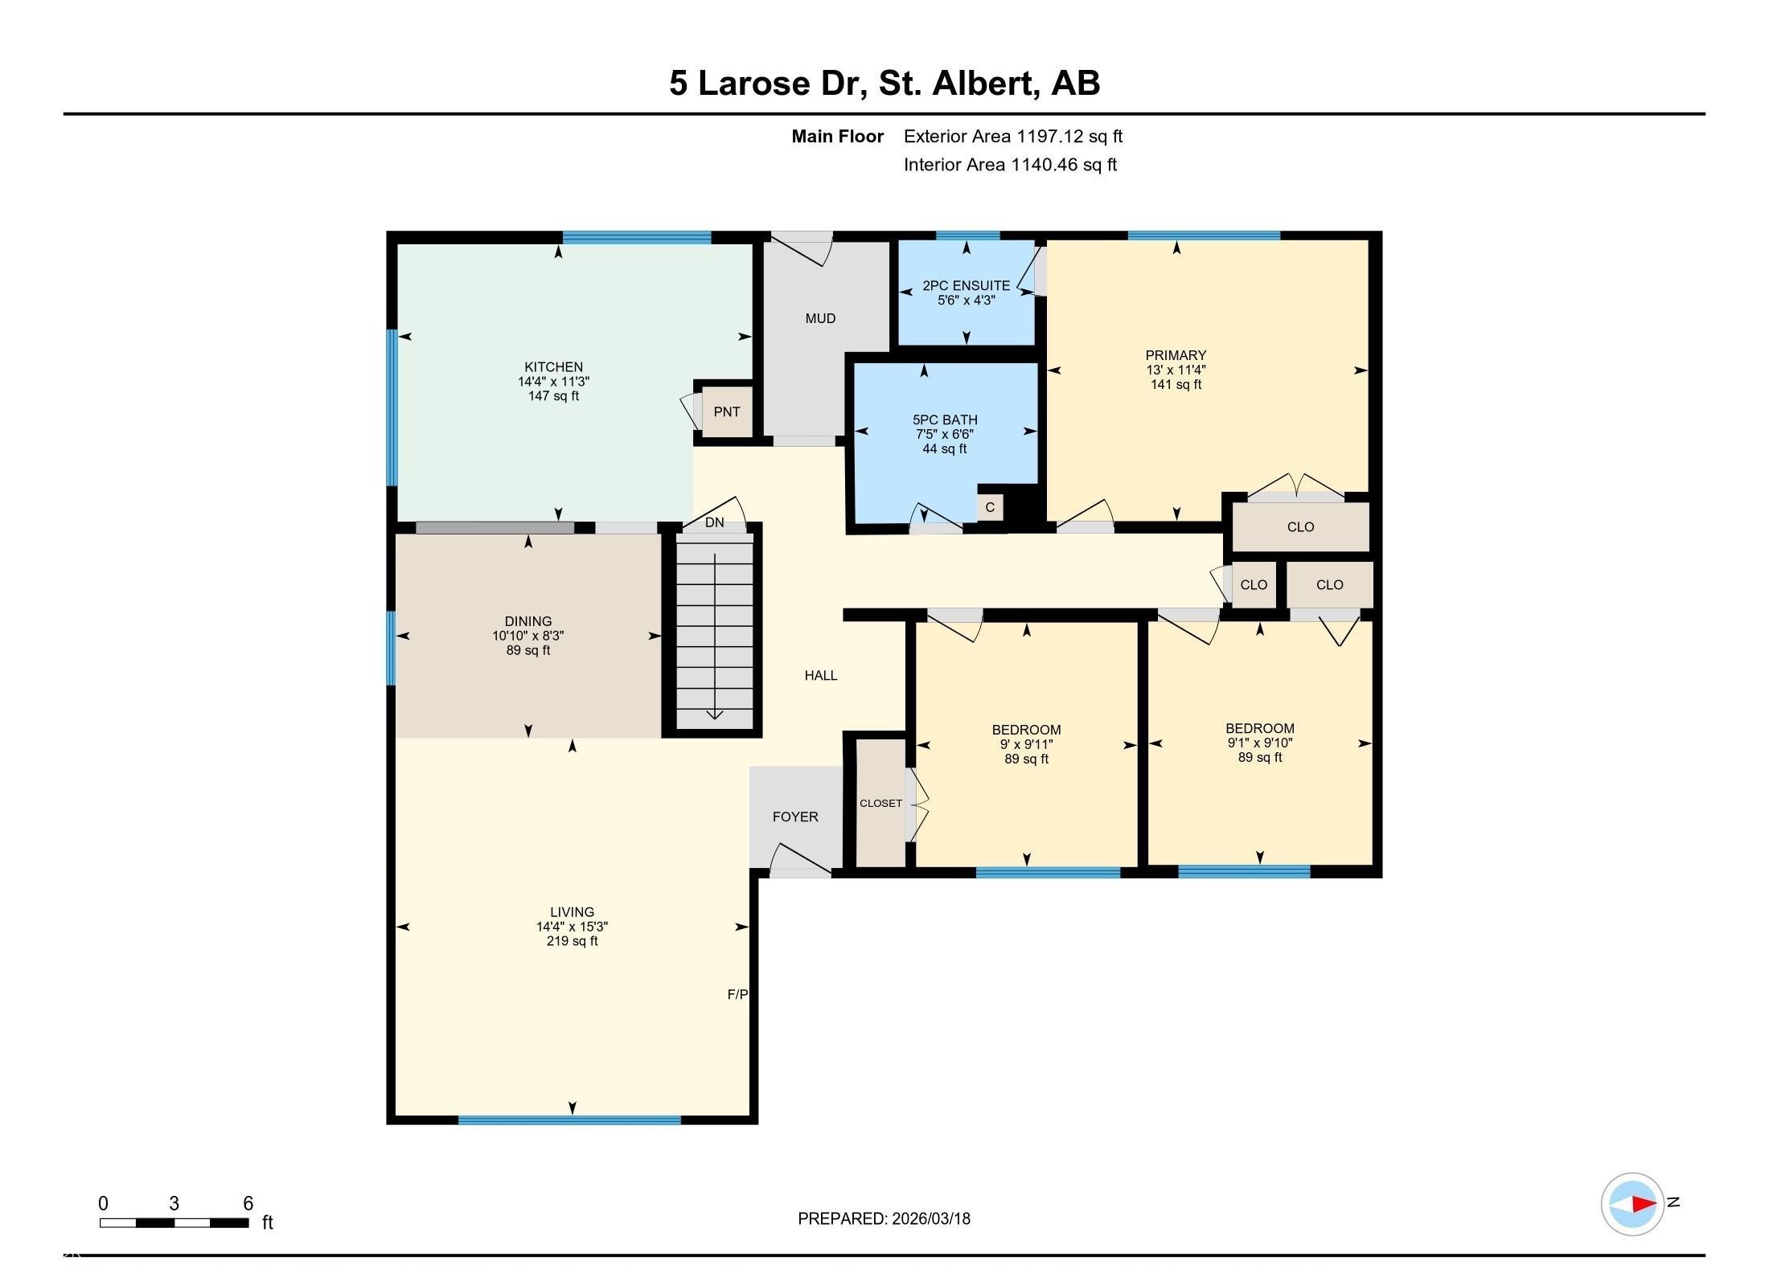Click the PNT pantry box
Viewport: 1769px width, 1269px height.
tap(727, 411)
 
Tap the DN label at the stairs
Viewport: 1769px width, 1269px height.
tap(714, 522)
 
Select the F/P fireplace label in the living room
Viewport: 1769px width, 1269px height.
tap(737, 994)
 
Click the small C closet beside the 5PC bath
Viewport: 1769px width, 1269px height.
tap(990, 507)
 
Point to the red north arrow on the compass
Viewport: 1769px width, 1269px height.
tap(1644, 1204)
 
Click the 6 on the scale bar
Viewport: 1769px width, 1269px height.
tap(248, 1203)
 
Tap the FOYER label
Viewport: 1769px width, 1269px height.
tap(795, 817)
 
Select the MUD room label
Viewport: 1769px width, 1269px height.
tap(820, 318)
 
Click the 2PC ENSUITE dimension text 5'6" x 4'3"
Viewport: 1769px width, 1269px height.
tap(966, 300)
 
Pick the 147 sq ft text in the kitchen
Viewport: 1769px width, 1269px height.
tap(553, 395)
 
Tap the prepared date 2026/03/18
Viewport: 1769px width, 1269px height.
tap(930, 1218)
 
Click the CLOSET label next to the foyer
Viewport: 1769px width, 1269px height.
tap(880, 803)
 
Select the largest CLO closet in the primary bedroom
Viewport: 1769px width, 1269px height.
tap(1300, 526)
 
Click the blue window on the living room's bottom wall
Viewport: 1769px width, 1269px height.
tap(569, 1120)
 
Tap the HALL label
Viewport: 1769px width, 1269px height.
tap(820, 675)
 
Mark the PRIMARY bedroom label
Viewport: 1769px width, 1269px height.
tap(1176, 355)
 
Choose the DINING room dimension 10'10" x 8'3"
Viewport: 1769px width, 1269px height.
tap(528, 635)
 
